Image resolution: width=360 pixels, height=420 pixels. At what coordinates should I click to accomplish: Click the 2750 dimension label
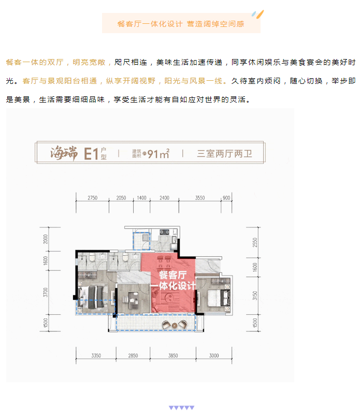click(x=92, y=198)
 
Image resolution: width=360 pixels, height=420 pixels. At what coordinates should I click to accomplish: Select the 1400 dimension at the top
click(x=142, y=198)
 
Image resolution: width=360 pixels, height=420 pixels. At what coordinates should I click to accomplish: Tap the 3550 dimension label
click(x=200, y=198)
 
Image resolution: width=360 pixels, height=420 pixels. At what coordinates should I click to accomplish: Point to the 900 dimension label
click(x=226, y=198)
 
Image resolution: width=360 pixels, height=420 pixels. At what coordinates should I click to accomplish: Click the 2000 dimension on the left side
click(x=46, y=239)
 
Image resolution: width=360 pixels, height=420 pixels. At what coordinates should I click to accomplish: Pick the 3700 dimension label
click(x=46, y=292)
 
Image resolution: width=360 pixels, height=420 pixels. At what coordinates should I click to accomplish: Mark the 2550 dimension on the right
click(x=255, y=242)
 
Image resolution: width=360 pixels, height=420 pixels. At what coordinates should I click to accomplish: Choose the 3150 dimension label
click(x=255, y=295)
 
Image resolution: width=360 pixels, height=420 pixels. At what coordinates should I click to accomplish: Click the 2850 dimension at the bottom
click(x=133, y=355)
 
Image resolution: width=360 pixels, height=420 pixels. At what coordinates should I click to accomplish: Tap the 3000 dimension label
click(x=214, y=355)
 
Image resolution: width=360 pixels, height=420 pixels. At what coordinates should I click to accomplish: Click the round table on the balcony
click(x=175, y=325)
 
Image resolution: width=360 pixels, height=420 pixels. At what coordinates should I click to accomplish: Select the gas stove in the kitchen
click(x=165, y=232)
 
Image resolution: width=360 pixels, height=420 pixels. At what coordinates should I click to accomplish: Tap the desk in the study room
click(x=133, y=299)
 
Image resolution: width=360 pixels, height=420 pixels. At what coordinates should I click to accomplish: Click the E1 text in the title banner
click(x=91, y=154)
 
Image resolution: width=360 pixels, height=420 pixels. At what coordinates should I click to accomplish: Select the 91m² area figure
click(x=159, y=154)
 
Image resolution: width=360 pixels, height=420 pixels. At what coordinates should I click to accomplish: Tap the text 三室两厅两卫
click(x=225, y=154)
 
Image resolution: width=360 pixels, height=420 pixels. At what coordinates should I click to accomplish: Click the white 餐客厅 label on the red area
click(x=173, y=275)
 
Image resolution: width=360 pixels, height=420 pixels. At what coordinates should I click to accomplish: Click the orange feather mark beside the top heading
click(x=260, y=14)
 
